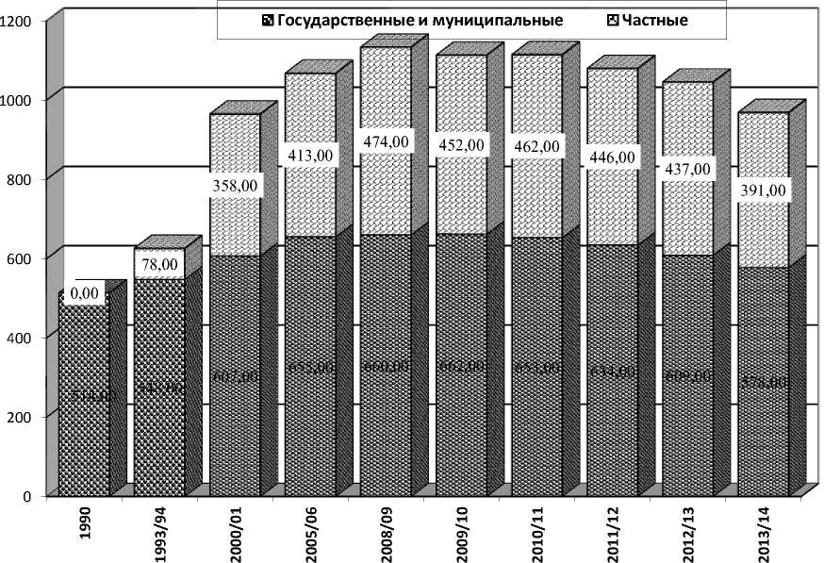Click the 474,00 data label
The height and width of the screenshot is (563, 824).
[386, 141]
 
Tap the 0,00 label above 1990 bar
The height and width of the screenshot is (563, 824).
[84, 293]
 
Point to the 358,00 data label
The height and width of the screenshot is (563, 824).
[235, 186]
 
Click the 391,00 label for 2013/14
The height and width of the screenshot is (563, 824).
[765, 190]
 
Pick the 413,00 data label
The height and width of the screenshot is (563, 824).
[310, 155]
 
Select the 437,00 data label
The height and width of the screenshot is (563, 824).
[688, 169]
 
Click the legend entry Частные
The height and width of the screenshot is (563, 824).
[653, 20]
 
